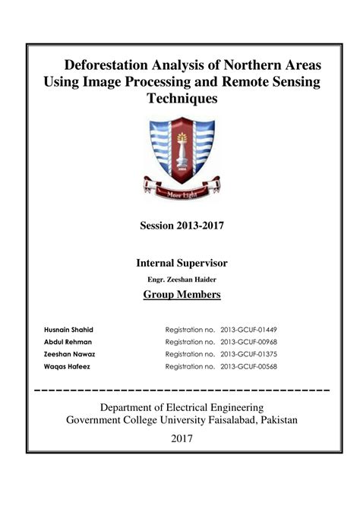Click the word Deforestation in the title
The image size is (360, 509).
pos(103,64)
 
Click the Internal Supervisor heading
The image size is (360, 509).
pos(182,263)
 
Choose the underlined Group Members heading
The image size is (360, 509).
pos(182,295)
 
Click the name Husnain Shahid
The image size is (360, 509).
pos(69,329)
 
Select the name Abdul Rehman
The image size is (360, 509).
pos(68,341)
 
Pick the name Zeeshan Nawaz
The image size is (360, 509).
pos(70,353)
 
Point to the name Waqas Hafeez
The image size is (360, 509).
pos(67,365)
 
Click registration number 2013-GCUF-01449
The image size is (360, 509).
pos(248,329)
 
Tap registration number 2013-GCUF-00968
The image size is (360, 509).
pos(248,341)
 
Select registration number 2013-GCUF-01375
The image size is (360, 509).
pos(248,353)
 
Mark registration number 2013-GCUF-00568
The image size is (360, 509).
pos(248,365)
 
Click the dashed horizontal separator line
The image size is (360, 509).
pos(182,390)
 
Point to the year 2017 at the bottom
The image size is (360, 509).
pos(182,438)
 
